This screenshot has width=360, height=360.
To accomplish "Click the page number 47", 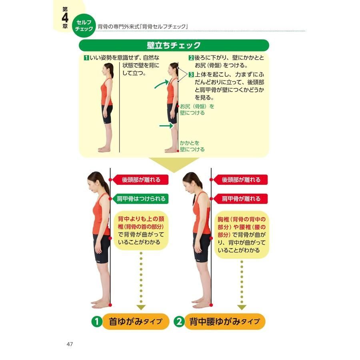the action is pyautogui.click(x=70, y=344).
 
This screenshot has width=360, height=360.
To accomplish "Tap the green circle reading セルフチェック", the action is pyautogui.click(x=84, y=26).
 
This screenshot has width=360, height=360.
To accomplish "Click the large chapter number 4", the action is pyautogui.click(x=65, y=18).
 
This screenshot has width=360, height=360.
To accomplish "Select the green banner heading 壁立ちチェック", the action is pyautogui.click(x=174, y=45).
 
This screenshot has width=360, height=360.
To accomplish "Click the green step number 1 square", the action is pyautogui.click(x=86, y=58).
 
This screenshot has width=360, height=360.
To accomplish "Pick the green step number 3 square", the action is pyautogui.click(x=191, y=74).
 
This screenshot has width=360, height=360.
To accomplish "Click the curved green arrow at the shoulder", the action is pyautogui.click(x=162, y=84).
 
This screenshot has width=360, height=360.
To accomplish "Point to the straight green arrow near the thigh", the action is pyautogui.click(x=166, y=126).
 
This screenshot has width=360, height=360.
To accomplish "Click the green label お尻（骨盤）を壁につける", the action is pyautogui.click(x=197, y=110).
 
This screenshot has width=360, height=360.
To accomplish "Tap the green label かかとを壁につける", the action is pyautogui.click(x=192, y=146).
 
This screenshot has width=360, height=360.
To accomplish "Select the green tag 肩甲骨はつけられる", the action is pyautogui.click(x=140, y=198).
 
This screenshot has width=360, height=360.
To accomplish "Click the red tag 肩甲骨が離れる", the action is pyautogui.click(x=240, y=198).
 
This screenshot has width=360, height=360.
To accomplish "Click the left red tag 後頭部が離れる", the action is pyautogui.click(x=140, y=180).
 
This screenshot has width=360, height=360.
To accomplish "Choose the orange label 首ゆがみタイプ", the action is pyautogui.click(x=136, y=322).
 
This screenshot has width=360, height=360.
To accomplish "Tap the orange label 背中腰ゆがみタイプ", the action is pyautogui.click(x=224, y=322).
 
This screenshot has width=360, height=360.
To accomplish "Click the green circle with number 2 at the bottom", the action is pyautogui.click(x=179, y=322).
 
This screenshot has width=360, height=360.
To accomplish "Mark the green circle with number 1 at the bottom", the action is pyautogui.click(x=97, y=322).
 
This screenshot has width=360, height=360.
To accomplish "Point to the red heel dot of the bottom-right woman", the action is pyautogui.click(x=211, y=305).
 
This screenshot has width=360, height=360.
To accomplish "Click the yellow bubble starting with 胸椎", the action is pyautogui.click(x=242, y=235).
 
